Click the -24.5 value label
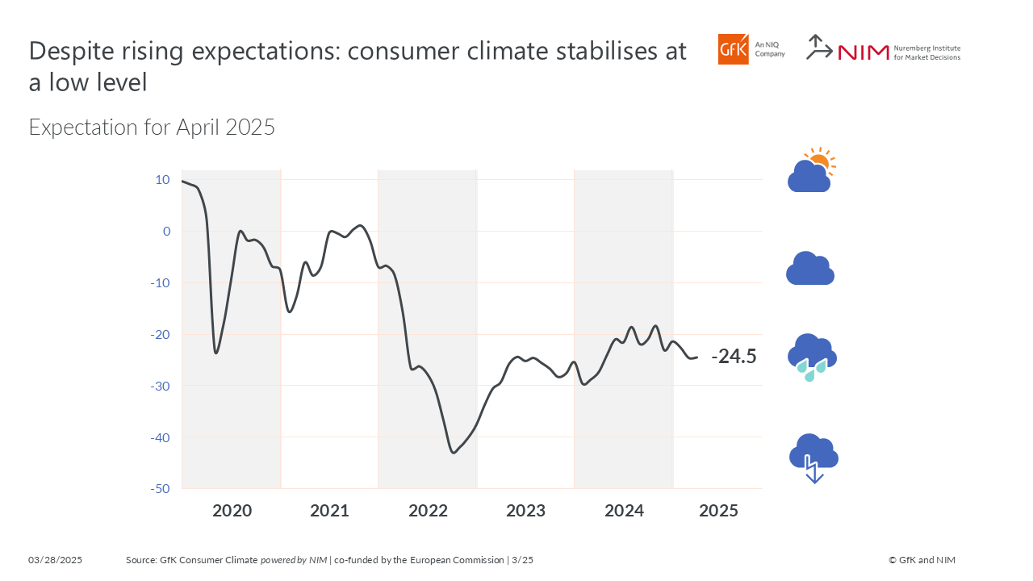(734, 357)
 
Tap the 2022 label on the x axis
(428, 511)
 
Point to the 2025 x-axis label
(718, 511)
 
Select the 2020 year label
(232, 511)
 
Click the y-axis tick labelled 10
(163, 180)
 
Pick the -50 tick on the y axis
(160, 489)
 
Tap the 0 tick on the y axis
(166, 232)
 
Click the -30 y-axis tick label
(160, 386)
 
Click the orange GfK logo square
(734, 49)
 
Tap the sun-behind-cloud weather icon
(811, 170)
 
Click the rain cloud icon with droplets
(811, 357)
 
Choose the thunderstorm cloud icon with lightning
(813, 458)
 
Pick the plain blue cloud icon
(809, 269)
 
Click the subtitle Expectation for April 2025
(152, 127)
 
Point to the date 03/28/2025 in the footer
(56, 560)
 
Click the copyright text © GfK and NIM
(922, 560)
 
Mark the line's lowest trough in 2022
(454, 452)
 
